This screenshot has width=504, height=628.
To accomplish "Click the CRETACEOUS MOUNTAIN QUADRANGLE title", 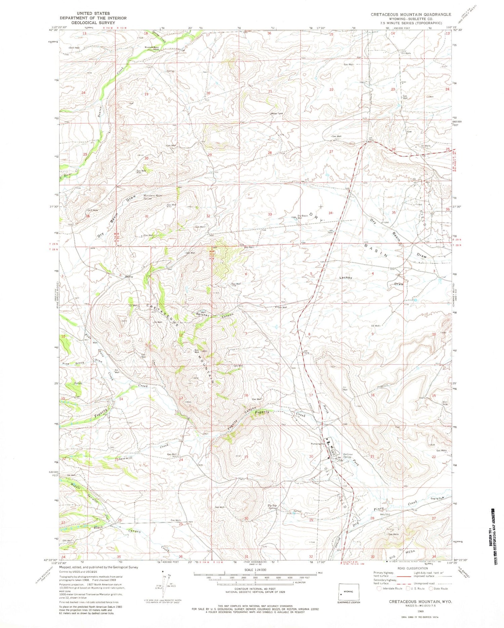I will [x=411, y=14].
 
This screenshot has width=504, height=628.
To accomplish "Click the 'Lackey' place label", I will [x=346, y=277].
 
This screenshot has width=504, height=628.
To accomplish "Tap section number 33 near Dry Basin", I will [x=270, y=214].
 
